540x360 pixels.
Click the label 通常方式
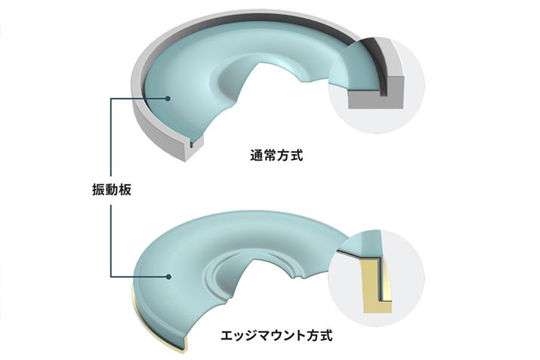(x=276, y=155)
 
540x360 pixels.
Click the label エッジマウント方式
(x=276, y=335)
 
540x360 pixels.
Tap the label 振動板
(x=112, y=189)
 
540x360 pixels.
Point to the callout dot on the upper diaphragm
(x=168, y=98)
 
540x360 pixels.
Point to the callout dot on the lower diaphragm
(x=168, y=276)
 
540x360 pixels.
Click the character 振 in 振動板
(x=98, y=189)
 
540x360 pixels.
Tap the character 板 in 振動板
(x=125, y=189)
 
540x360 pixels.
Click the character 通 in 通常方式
(x=257, y=155)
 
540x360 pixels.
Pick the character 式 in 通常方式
(x=297, y=155)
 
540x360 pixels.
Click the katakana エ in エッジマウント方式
(x=227, y=335)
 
